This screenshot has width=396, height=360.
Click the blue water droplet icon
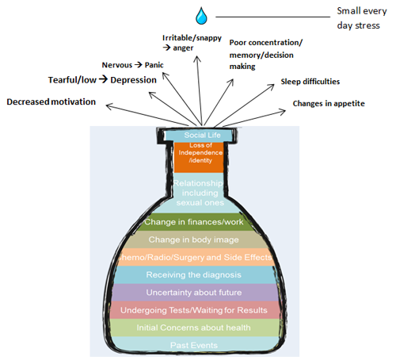[x=202, y=15]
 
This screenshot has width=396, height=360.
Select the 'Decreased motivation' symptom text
[x=51, y=101]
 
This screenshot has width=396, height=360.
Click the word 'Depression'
[x=133, y=80]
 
